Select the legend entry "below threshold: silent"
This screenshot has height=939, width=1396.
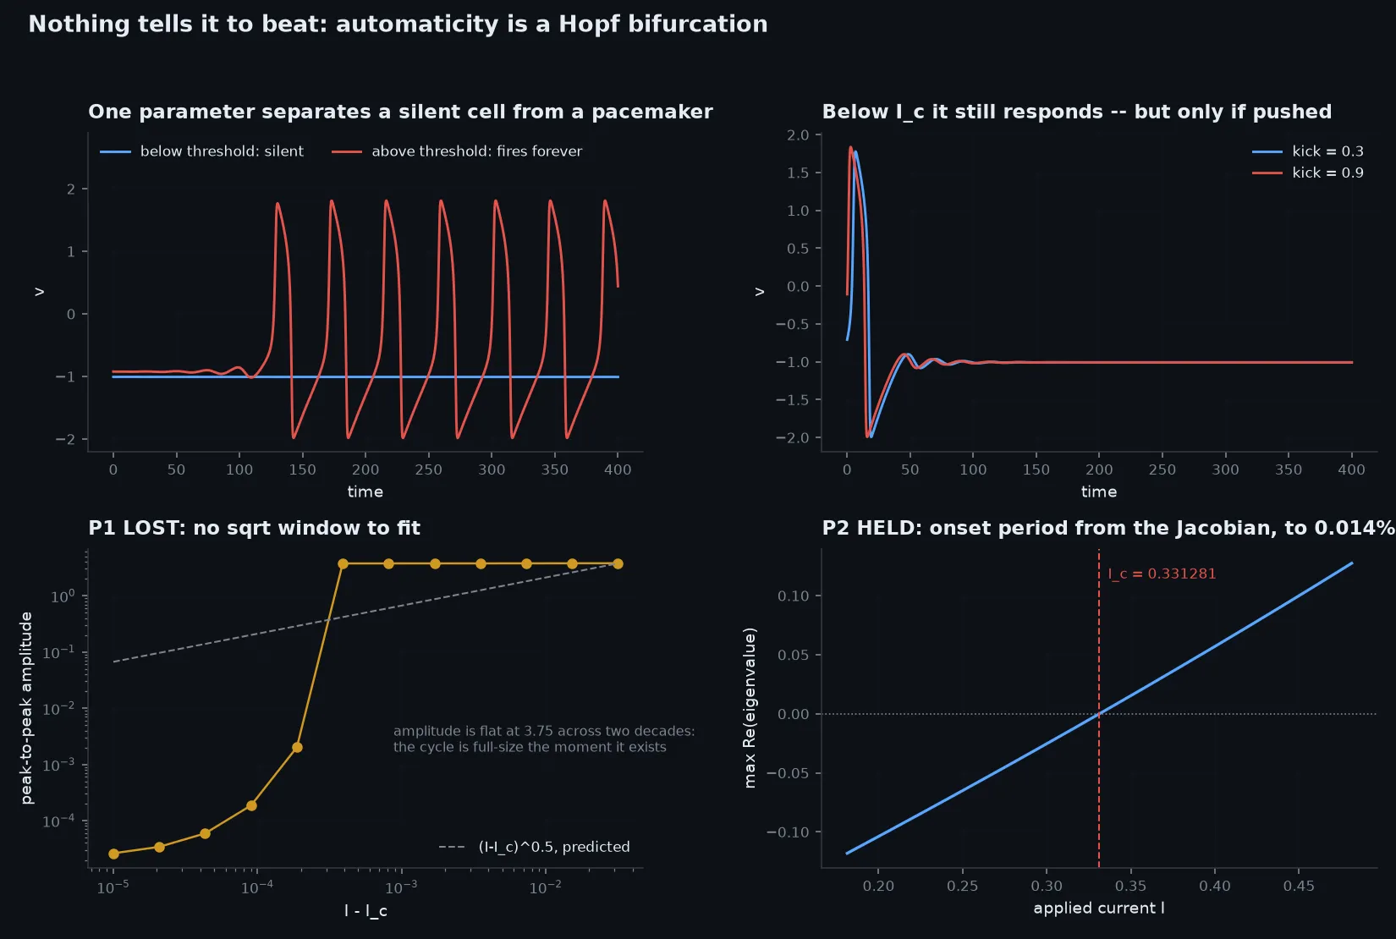click(x=201, y=151)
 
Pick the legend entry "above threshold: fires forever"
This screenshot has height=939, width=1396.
click(x=457, y=151)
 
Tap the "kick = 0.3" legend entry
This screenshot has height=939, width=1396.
click(x=1307, y=151)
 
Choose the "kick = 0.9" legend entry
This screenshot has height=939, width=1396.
click(x=1307, y=173)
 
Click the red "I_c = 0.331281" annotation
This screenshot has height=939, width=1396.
click(x=1162, y=574)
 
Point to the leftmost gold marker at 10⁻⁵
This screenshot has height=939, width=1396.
click(x=113, y=854)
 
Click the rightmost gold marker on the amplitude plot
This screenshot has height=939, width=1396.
click(x=618, y=564)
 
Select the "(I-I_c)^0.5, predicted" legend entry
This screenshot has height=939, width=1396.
click(x=534, y=847)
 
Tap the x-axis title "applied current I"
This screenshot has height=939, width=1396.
click(x=1099, y=908)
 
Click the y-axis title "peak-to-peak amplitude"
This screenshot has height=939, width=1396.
click(x=26, y=708)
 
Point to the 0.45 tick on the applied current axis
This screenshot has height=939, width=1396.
click(x=1299, y=886)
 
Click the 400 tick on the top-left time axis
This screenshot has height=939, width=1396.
click(x=618, y=469)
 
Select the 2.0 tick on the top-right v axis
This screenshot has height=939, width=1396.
click(x=798, y=135)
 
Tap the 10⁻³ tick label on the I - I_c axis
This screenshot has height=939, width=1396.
click(x=401, y=887)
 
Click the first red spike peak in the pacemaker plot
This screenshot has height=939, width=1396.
click(x=277, y=202)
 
